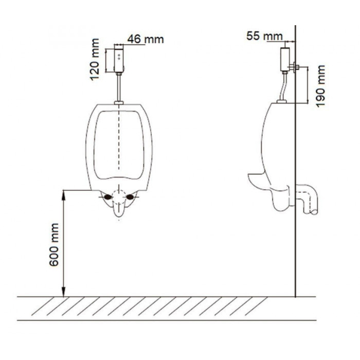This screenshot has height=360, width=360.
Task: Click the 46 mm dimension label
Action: click(146, 39)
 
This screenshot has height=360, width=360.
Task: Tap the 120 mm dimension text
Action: click(95, 60)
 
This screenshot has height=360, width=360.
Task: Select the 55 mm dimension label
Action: click(264, 36)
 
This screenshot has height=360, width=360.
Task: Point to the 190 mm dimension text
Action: click(320, 86)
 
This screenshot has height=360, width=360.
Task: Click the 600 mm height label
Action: click(54, 245)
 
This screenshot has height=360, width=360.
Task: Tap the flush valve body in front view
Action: click(119, 58)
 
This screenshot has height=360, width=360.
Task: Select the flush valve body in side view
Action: click(285, 59)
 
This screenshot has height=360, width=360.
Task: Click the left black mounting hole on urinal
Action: click(107, 197)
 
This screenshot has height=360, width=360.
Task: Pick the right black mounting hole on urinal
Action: click(130, 197)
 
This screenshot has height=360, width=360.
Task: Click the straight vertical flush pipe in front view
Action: click(119, 88)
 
